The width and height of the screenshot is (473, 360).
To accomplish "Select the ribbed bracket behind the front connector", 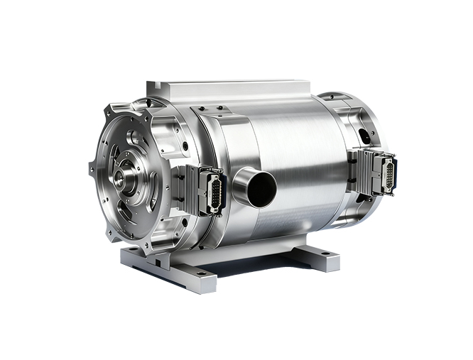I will [x=183, y=190].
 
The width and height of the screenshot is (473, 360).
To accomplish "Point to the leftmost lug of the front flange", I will [x=92, y=169].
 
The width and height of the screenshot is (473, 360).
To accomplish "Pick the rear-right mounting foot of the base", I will [x=320, y=257].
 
